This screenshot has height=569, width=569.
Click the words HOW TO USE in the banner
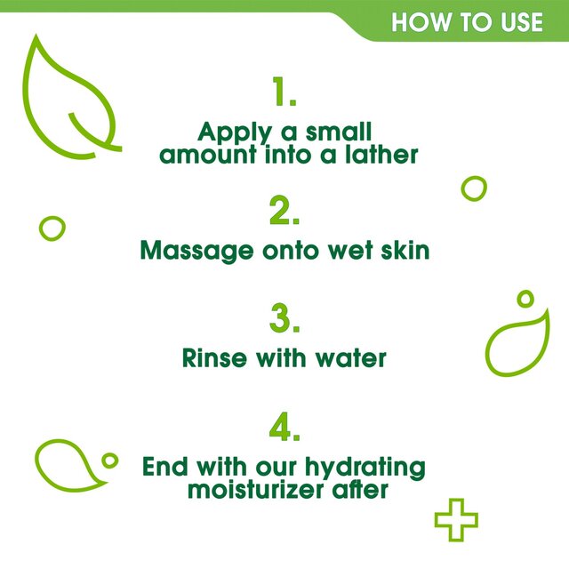point(467,20)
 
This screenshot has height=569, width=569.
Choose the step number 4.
point(284,429)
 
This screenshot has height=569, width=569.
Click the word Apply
point(234,133)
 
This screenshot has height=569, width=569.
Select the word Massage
point(196,252)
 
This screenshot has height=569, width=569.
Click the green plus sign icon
point(456,520)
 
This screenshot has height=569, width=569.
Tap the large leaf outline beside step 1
point(69,98)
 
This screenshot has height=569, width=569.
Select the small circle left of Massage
point(52,227)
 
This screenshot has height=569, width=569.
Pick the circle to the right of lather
point(474,188)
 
